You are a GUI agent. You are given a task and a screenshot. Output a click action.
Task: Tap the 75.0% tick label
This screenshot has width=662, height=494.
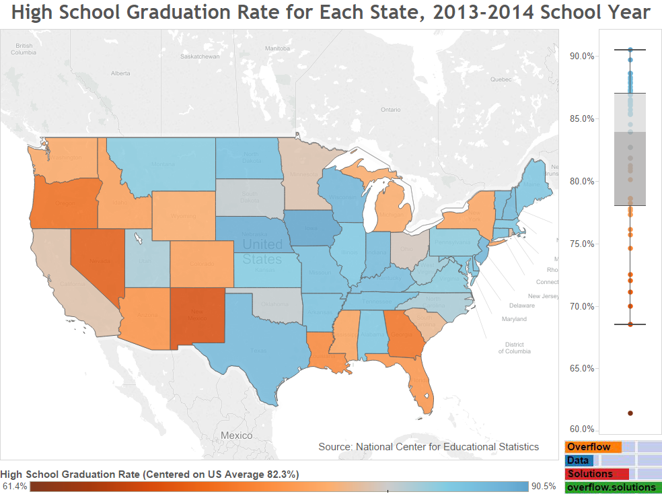tap(581, 244)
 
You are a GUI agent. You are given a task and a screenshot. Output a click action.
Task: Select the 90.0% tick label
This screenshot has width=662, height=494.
tap(581, 57)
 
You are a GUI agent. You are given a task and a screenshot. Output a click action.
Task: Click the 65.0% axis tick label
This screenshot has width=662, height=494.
tap(581, 369)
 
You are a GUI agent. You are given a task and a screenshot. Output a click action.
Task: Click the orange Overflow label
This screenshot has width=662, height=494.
tap(589, 447)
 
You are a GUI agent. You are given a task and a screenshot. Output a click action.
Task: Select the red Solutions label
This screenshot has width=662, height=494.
tap(590, 474)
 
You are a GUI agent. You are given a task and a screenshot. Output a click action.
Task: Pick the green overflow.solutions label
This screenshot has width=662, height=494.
tap(611, 487)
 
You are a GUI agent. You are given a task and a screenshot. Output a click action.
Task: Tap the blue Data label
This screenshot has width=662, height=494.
tap(578, 460)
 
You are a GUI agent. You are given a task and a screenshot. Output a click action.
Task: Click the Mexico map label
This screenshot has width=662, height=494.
tap(237, 435)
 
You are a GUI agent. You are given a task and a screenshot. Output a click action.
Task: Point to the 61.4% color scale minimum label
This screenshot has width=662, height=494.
tap(14, 487)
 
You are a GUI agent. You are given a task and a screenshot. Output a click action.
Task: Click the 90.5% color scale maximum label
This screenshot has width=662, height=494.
tap(544, 487)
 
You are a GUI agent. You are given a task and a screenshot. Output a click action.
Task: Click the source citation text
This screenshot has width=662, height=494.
tap(429, 446)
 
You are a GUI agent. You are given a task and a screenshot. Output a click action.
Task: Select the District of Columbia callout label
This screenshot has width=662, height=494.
tap(515, 347)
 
